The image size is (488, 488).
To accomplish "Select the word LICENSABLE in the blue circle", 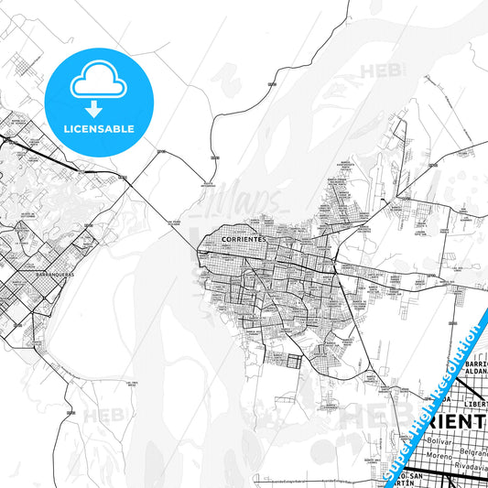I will coord(101,128).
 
